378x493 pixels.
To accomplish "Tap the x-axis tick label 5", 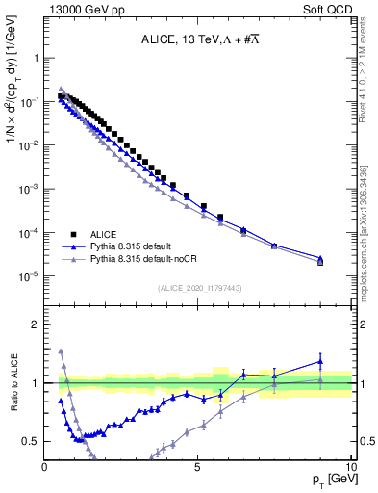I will point(198,467).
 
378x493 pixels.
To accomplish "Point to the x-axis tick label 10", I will point(351,467).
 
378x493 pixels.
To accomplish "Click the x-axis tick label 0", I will point(45,467).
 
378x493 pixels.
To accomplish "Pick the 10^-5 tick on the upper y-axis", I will point(29,276).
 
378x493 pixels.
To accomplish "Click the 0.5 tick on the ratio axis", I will point(32,441).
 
